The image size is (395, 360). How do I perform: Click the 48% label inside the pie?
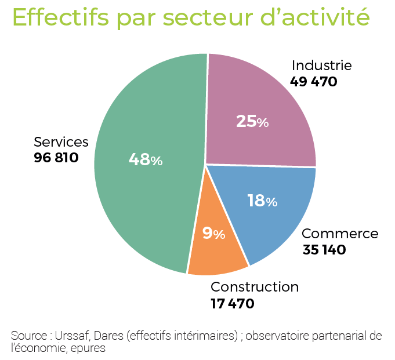tap(145, 159)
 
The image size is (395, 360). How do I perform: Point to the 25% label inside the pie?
tap(252, 122)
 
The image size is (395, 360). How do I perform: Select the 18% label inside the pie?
tap(262, 201)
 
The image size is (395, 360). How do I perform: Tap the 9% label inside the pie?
tap(213, 233)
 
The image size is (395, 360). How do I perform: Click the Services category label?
tap(61, 142)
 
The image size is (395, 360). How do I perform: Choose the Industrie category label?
tap(321, 66)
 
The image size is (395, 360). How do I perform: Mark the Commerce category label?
tap(340, 234)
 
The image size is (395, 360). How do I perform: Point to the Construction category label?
tap(255, 286)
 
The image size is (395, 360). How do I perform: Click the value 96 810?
tap(56, 158)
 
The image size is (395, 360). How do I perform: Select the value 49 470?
tap(314, 81)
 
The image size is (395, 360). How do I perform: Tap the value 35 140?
tap(324, 250)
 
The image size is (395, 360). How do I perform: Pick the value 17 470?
tap(233, 303)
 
